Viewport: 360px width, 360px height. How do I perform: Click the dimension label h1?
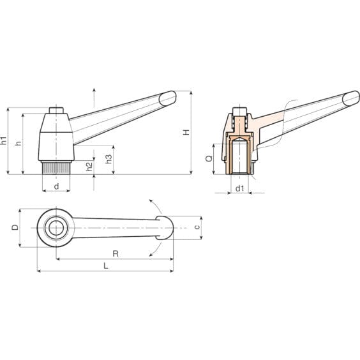(x=4, y=140)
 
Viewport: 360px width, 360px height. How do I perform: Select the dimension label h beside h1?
(x=18, y=143)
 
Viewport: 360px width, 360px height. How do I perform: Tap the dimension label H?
(x=186, y=132)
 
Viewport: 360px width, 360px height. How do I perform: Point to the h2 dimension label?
(x=89, y=167)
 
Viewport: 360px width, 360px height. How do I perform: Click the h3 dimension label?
(x=109, y=159)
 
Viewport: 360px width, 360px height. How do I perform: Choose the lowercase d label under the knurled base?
(x=56, y=186)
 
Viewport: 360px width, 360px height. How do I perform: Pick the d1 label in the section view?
(x=240, y=188)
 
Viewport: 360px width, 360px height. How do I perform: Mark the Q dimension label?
(x=209, y=158)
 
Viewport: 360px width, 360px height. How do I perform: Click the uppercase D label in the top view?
(x=15, y=227)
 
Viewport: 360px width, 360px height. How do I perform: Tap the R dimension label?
(x=116, y=253)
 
